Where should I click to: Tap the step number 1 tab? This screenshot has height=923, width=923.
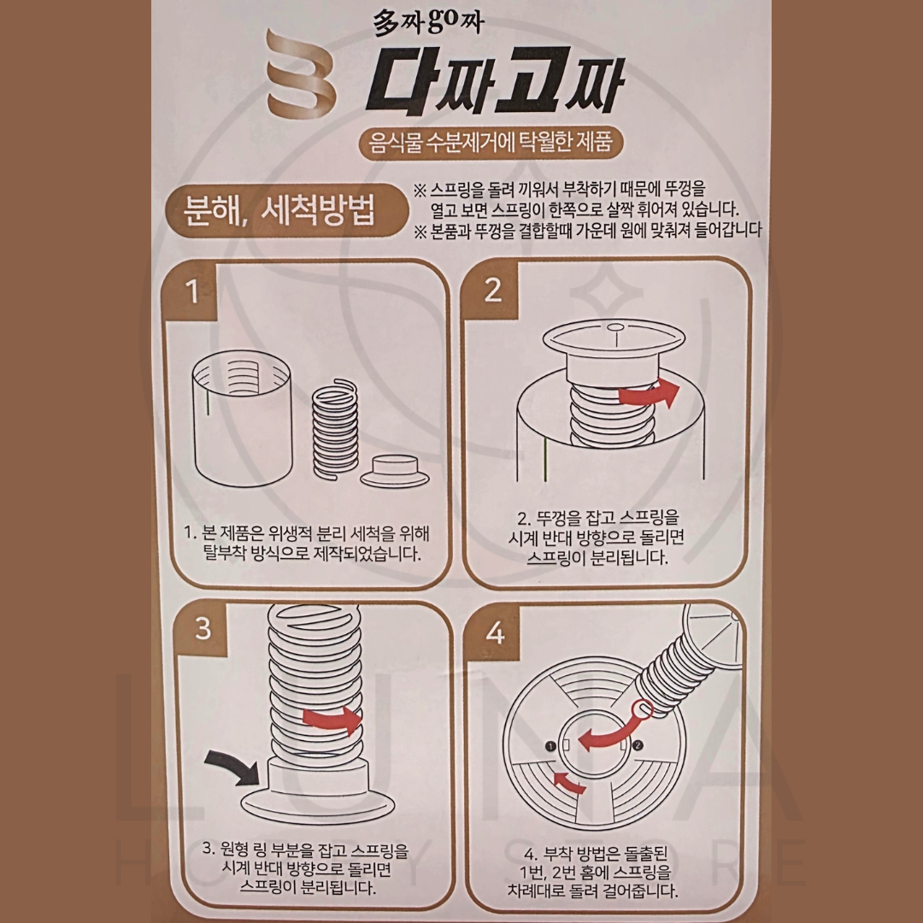tap(193, 294)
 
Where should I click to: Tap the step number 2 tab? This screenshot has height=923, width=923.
tap(493, 291)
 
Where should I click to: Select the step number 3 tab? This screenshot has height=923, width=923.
tap(203, 629)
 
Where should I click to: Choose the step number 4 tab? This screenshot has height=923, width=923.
tap(494, 633)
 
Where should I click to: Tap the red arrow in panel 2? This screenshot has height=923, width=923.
tap(647, 395)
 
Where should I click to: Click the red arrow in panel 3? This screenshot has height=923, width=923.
tap(334, 720)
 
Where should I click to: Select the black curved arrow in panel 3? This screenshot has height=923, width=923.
tap(235, 767)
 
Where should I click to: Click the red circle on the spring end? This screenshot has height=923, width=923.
tap(640, 708)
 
